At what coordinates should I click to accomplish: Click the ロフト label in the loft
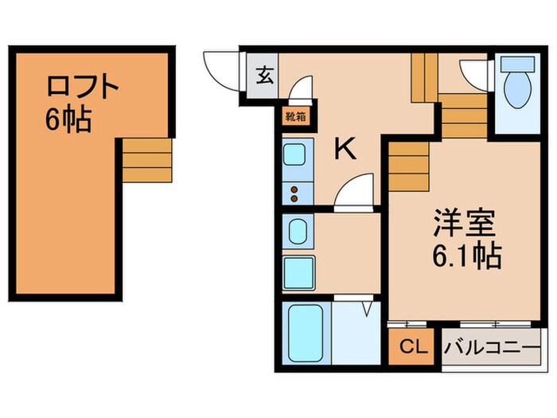coord(82,86)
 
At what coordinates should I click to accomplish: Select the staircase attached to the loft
coord(147,158)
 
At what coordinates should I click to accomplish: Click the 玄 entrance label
coord(263,77)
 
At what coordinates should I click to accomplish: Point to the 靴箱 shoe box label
coord(294,116)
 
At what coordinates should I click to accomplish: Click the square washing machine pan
coord(298,270)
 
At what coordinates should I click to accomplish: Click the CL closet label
coord(412,348)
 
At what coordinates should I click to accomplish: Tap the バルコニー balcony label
coord(493,348)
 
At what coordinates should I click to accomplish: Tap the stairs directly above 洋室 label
coord(411,166)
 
